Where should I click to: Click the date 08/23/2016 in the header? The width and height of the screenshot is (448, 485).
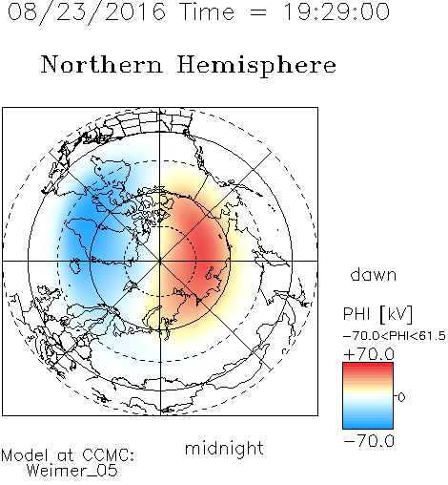(87, 12)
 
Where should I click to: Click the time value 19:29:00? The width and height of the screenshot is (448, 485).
(336, 11)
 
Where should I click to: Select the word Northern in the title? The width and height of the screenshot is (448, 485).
(102, 64)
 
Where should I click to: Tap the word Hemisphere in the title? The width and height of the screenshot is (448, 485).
(256, 66)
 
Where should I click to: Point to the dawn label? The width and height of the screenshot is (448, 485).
(374, 275)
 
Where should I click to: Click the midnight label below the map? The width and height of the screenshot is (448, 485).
(224, 448)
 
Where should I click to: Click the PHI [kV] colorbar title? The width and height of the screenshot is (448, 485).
(378, 314)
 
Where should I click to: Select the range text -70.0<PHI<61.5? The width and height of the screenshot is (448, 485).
(395, 336)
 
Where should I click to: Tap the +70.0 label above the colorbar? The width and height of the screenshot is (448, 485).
(369, 354)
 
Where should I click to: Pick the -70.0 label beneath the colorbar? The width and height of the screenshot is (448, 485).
(369, 441)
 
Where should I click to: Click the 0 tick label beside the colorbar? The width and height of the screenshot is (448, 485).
(401, 397)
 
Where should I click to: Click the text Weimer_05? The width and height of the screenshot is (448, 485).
(72, 471)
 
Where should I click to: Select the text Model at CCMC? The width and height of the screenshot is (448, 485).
(68, 455)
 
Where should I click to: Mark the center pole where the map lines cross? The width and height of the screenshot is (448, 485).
(160, 262)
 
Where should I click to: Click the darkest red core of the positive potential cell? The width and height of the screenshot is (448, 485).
(205, 250)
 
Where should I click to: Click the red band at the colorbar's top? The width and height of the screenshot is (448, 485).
(368, 366)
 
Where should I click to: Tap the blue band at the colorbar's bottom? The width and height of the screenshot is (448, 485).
(368, 425)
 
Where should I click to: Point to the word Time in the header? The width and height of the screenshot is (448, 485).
(207, 12)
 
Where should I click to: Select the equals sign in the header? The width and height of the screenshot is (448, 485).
(258, 12)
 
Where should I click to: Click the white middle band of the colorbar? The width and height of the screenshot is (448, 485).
(368, 396)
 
